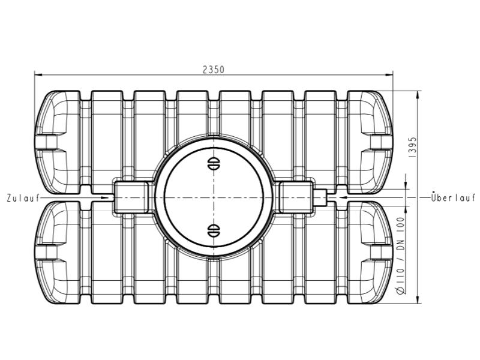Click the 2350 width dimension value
[x=213, y=69]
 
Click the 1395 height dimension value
[x=413, y=146]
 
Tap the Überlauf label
[x=453, y=197]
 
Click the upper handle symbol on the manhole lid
[x=213, y=163]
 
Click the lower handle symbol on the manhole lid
[x=213, y=230]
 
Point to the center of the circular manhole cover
[x=213, y=197]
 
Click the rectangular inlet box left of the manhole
[x=131, y=197]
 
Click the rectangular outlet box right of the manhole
[x=296, y=197]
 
